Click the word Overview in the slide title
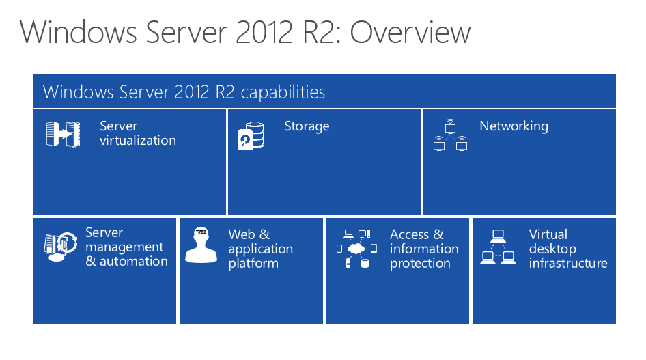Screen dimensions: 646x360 click(410, 32)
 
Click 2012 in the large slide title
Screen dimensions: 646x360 click(264, 32)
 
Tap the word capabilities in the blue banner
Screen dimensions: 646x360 click(283, 92)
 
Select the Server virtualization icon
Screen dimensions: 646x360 click(63, 134)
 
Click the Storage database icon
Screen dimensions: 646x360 click(251, 136)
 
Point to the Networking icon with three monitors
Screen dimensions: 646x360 click(450, 135)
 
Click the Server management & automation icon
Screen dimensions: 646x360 click(61, 247)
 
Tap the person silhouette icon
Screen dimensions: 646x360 click(201, 245)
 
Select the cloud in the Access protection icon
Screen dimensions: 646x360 click(356, 249)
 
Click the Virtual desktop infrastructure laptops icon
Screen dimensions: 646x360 click(498, 247)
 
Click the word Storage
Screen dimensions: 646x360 click(307, 126)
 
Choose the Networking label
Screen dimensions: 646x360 click(514, 126)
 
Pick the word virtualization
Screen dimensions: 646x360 click(138, 141)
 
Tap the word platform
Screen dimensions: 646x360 click(253, 264)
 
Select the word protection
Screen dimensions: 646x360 click(420, 264)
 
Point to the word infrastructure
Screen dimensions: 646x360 click(568, 263)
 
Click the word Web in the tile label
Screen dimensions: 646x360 click(242, 234)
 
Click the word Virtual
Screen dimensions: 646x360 click(548, 234)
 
